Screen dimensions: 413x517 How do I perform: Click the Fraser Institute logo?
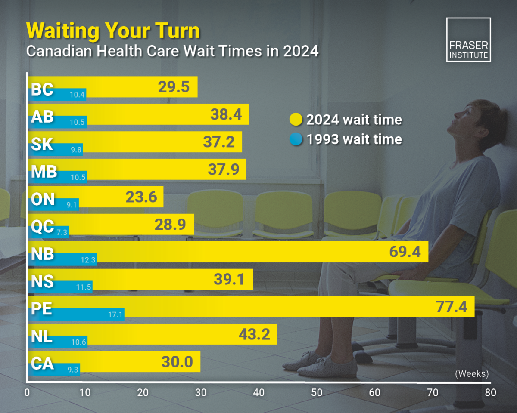(468, 40)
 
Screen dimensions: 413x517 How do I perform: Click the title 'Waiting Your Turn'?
(113, 31)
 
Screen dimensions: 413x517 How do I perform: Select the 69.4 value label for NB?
(405, 252)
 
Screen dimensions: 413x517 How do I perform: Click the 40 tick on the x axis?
(258, 392)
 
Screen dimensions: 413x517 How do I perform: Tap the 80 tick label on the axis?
(490, 392)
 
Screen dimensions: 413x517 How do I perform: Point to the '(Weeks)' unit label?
(472, 373)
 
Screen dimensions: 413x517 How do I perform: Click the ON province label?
(43, 199)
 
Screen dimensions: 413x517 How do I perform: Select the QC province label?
(42, 226)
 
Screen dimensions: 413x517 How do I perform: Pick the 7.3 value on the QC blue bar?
(62, 232)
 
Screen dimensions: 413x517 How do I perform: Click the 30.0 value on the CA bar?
(177, 362)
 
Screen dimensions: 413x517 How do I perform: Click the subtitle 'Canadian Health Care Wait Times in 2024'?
(172, 51)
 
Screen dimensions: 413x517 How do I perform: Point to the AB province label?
(42, 117)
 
